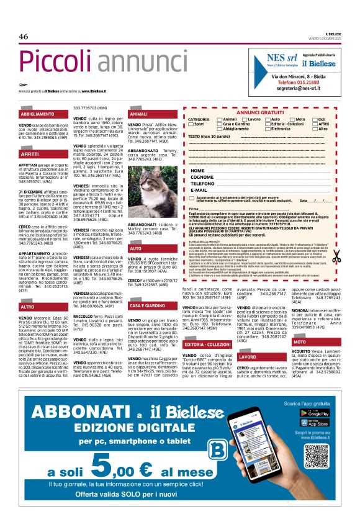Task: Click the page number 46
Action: pos(24,37)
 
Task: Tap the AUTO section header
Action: pos(135,248)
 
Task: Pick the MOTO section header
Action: pos(300,342)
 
